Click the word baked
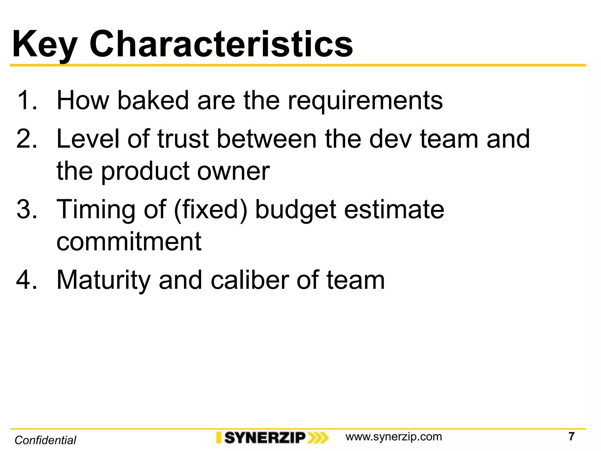click(153, 100)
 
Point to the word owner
click(233, 172)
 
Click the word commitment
click(129, 242)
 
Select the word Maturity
click(104, 280)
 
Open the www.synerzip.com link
click(394, 437)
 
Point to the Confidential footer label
click(45, 440)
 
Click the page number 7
click(571, 436)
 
